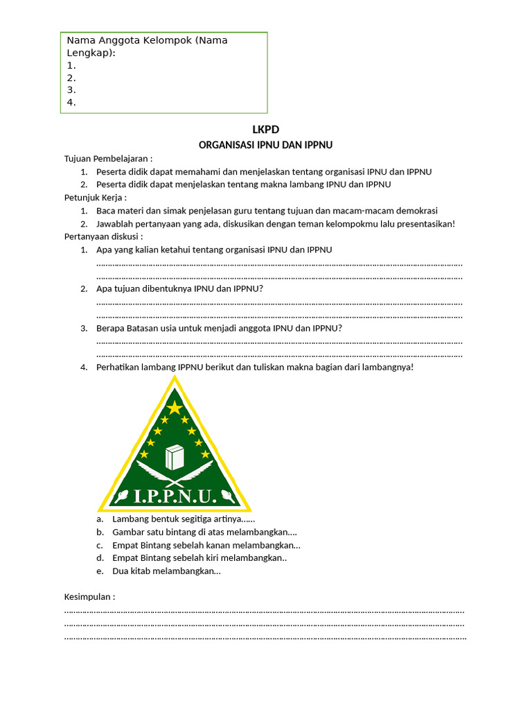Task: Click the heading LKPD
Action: click(x=266, y=130)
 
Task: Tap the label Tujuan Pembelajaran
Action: click(x=107, y=159)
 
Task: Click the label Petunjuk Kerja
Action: click(x=95, y=198)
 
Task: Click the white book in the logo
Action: click(x=175, y=458)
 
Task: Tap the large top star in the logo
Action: click(x=175, y=407)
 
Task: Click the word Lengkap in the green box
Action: click(x=89, y=53)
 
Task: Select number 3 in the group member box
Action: click(x=71, y=90)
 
